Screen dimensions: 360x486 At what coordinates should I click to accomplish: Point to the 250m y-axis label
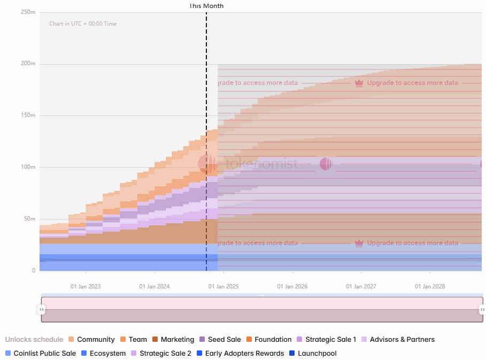click(28, 12)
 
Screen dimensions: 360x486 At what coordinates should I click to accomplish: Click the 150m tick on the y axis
click(28, 115)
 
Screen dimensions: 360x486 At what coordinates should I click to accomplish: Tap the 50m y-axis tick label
click(29, 219)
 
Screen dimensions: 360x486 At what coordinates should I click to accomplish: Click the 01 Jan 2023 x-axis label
click(86, 286)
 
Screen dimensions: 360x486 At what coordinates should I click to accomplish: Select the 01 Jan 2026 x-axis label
click(292, 286)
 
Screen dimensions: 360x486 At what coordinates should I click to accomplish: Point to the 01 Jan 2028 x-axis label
click(430, 286)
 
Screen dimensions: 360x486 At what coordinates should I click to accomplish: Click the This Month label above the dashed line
click(206, 6)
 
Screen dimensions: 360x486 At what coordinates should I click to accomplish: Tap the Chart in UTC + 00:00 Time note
click(82, 24)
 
